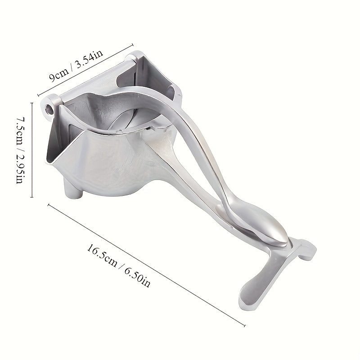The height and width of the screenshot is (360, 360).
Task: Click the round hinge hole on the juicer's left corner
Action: tap(49, 108)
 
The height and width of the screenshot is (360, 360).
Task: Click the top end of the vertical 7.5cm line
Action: tap(31, 103)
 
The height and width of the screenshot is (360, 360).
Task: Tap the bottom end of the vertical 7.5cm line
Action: tap(31, 197)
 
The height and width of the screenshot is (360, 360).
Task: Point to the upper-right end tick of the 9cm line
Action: tap(133, 44)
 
